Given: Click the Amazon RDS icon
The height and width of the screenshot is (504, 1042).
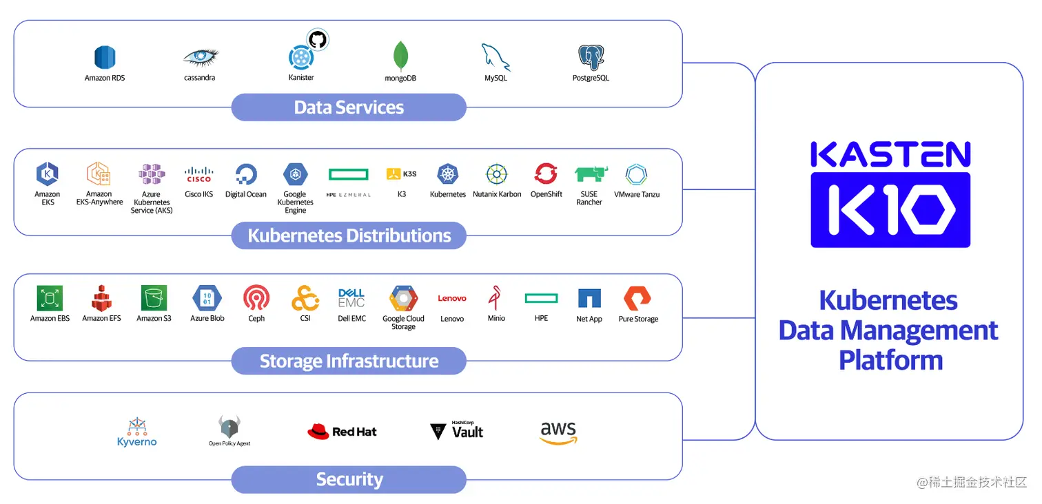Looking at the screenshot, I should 105,58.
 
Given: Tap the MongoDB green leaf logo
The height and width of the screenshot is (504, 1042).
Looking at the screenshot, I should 400,56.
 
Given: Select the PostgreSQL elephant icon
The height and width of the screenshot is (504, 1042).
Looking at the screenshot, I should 591,57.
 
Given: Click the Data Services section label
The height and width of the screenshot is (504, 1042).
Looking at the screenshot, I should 349,107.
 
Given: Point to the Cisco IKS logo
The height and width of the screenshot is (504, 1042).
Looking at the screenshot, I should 198,175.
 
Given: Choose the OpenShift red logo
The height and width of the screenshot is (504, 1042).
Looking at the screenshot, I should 546,174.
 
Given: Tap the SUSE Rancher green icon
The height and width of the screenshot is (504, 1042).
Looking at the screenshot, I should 589,174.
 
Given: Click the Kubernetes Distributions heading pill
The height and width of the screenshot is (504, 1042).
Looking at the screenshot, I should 349,235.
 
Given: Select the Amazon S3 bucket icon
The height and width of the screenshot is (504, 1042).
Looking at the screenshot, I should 154,298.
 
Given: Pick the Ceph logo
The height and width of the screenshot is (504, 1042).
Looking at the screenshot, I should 256,298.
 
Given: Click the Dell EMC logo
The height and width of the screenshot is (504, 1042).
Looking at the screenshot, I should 351,298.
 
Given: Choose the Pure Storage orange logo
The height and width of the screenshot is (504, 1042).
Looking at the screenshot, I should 637,298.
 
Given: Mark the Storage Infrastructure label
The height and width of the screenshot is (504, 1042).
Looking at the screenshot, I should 349,361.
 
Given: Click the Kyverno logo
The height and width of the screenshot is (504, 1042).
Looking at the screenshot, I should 136,432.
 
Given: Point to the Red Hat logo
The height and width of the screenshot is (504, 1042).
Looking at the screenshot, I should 342,432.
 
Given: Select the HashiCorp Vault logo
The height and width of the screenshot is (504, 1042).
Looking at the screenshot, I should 456,431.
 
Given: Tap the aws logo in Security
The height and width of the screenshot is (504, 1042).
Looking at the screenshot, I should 558,432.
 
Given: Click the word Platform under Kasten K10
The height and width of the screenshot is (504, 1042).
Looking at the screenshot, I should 890,360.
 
